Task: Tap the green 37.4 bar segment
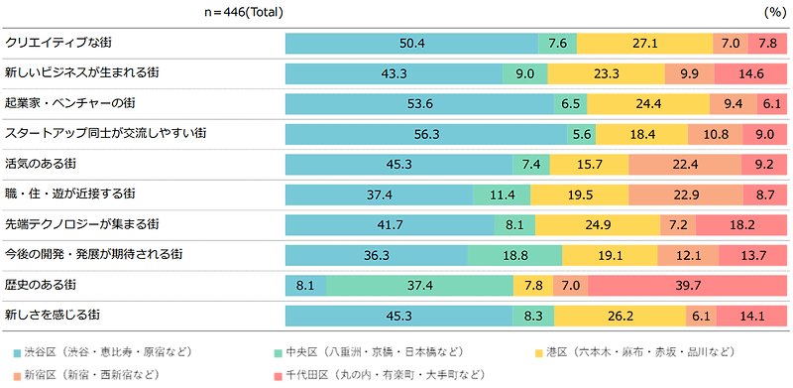click(420, 286)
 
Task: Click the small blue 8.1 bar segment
click(304, 286)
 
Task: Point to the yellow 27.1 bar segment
click(644, 44)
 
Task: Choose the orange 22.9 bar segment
click(674, 194)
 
